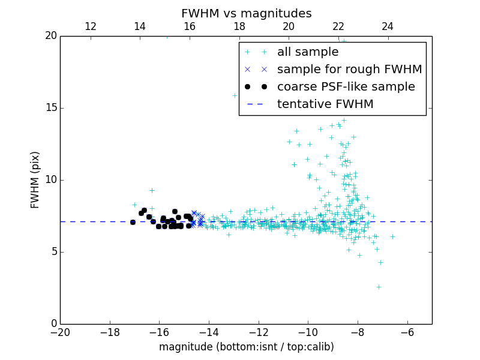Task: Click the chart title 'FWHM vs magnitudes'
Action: (x=246, y=13)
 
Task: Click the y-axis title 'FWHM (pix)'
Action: (x=35, y=180)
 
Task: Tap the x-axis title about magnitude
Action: (x=246, y=347)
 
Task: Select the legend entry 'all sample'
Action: (x=308, y=52)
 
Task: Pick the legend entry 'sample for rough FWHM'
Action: (x=349, y=70)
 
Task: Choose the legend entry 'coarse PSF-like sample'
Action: (x=346, y=87)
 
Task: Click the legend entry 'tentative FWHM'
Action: (x=325, y=104)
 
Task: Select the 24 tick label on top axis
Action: (x=388, y=26)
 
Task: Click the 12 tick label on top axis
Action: (x=91, y=26)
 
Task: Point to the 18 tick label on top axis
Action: (x=239, y=26)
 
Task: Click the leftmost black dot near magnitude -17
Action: (x=133, y=222)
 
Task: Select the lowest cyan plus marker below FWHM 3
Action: (x=379, y=287)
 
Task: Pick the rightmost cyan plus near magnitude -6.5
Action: (x=392, y=236)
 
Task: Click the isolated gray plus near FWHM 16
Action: (x=235, y=95)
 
